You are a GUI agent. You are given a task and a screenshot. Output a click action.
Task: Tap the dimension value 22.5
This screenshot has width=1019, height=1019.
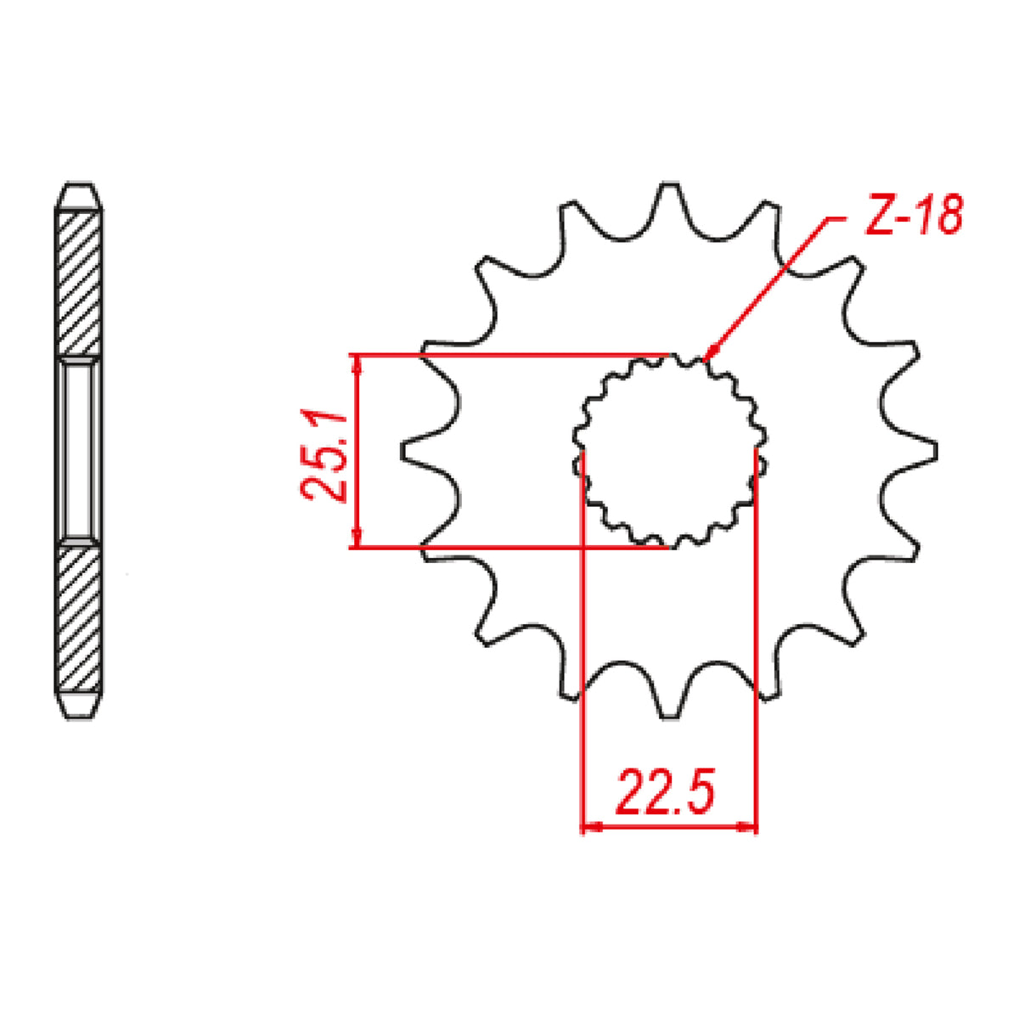point(667,791)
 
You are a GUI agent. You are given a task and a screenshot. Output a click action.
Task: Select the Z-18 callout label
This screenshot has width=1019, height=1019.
point(913,218)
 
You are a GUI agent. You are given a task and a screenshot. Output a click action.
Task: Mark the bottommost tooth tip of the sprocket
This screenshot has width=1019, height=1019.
point(670,718)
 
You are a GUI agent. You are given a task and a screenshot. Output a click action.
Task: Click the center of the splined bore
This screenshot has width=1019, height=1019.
point(670,451)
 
